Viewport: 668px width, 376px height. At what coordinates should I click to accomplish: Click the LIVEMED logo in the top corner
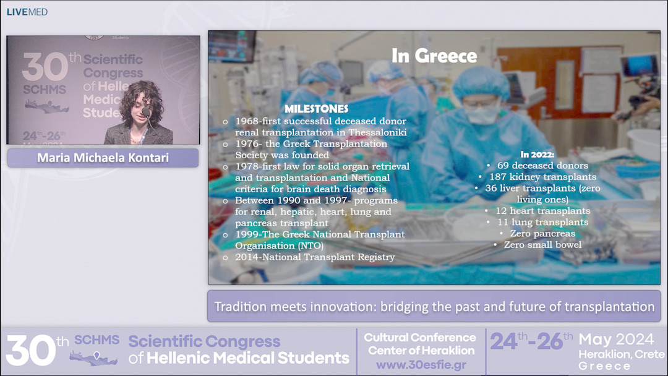[x=27, y=12]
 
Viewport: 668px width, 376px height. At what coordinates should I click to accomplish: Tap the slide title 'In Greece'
[x=434, y=56]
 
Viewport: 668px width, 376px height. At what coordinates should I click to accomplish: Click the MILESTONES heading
[x=316, y=109]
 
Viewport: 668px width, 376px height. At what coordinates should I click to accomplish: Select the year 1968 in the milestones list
[x=247, y=121]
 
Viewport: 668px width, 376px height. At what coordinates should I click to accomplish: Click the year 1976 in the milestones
[x=247, y=144]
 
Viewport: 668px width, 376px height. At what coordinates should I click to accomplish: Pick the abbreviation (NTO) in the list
[x=310, y=246]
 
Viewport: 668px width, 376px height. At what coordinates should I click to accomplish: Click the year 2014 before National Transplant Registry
[x=247, y=257]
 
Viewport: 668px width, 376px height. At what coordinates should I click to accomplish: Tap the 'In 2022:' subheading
[x=537, y=155]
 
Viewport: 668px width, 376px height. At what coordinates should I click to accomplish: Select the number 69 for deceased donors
[x=502, y=166]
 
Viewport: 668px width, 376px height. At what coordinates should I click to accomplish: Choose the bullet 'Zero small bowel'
[x=542, y=245]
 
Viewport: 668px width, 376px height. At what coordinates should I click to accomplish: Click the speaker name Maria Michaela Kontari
[x=103, y=158]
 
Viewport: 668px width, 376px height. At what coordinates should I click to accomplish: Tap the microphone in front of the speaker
[x=146, y=112]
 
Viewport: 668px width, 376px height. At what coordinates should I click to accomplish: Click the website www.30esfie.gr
[x=421, y=365]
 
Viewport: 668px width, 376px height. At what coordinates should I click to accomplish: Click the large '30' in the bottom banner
[x=30, y=351]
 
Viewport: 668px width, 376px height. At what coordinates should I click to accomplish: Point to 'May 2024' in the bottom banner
[x=615, y=340]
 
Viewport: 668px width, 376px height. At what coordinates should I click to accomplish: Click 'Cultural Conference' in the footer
[x=420, y=338]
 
